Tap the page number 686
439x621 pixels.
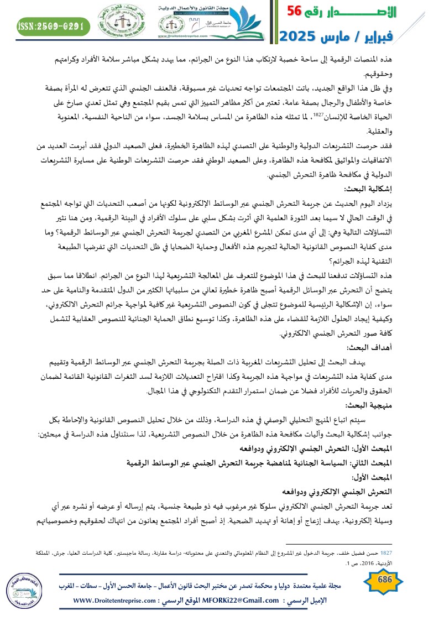pos(382,591)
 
